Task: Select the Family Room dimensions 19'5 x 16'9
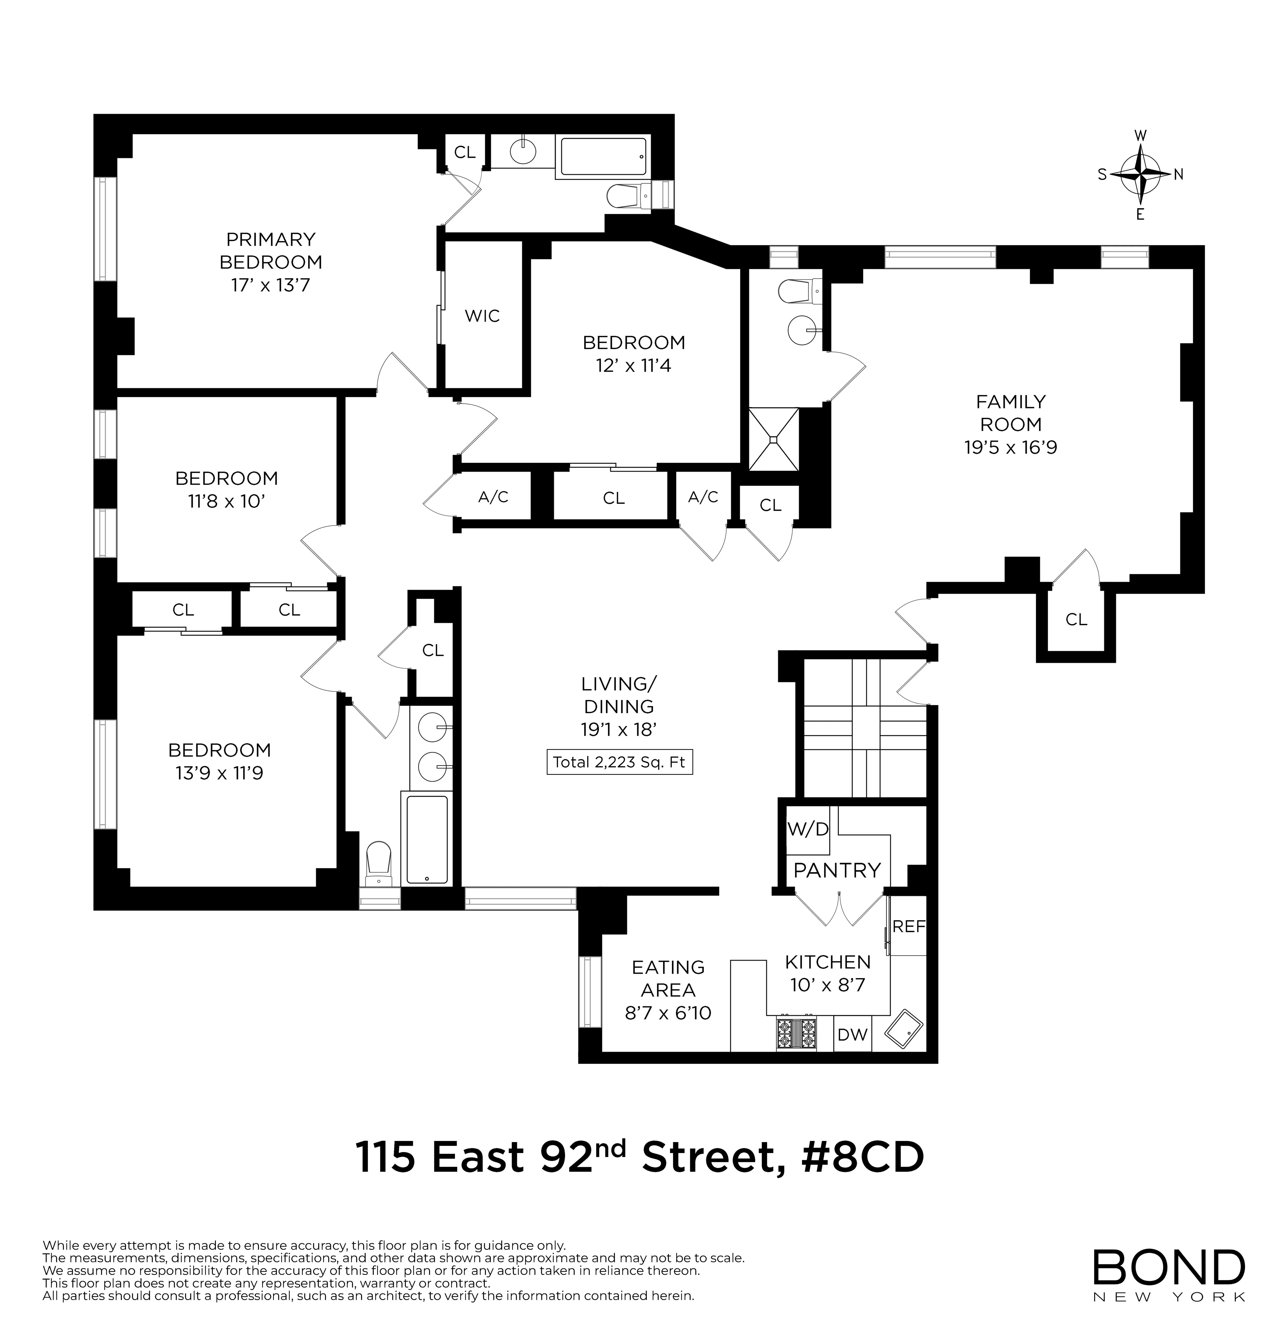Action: [1010, 448]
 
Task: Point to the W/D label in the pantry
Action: [808, 829]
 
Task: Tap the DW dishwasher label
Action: [852, 1035]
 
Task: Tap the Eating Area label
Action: [668, 978]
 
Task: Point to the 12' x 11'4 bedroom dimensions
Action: [633, 366]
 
